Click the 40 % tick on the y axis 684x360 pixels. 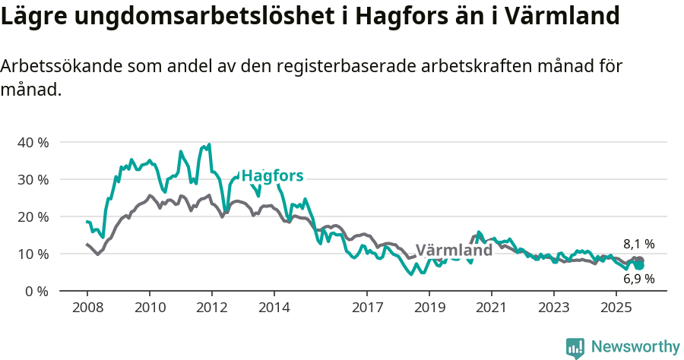[33, 142]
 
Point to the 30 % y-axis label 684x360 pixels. [33, 179]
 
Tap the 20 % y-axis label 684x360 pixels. [33, 216]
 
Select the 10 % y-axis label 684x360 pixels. [33, 254]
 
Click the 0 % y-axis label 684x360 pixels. [36, 291]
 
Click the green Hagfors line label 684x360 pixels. [272, 176]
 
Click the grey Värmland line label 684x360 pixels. [454, 251]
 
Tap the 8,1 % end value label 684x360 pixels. [638, 244]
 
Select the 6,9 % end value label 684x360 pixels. [638, 279]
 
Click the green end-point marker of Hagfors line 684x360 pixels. [640, 266]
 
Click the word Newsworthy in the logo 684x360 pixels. [635, 347]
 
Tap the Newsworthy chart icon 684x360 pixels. [575, 348]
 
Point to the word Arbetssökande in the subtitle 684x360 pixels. [55, 66]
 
